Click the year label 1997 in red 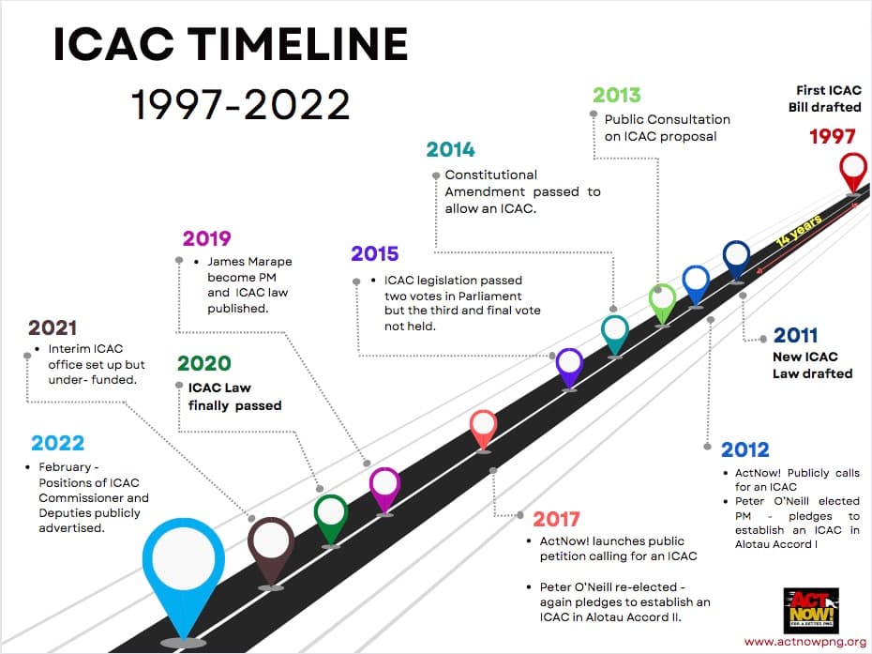point(833,137)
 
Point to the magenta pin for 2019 point(384,485)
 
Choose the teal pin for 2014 point(615,331)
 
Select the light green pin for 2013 point(662,300)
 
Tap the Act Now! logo point(810,609)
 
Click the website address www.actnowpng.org point(804,642)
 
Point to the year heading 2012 point(744,449)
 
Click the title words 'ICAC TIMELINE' point(231,44)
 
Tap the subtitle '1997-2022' point(241,104)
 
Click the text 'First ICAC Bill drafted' point(823,99)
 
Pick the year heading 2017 point(556,519)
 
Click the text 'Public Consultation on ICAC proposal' point(667,128)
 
